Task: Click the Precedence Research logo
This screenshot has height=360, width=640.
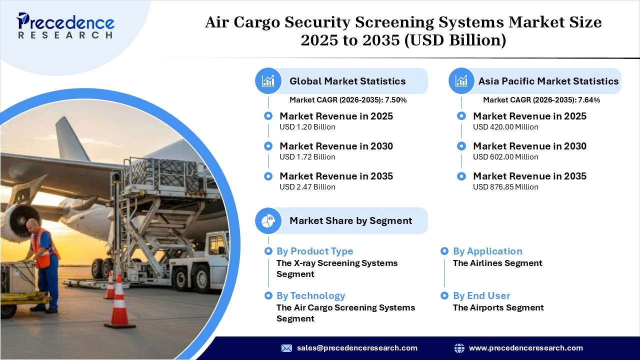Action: (65, 25)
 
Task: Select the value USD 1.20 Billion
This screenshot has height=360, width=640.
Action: (307, 127)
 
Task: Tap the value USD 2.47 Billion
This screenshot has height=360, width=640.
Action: (307, 187)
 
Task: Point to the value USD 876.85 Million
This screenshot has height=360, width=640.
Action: (505, 187)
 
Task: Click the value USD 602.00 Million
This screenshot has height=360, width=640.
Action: (505, 157)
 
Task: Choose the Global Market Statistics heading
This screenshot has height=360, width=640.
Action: (347, 81)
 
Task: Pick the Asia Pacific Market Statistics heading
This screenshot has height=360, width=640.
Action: (548, 81)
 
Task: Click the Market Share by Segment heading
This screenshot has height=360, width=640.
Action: (350, 220)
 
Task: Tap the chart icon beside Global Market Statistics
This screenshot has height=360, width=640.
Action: (268, 81)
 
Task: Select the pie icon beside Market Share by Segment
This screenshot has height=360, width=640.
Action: (268, 220)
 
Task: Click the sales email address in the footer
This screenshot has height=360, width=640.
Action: (357, 348)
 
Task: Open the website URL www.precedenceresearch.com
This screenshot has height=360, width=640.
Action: (525, 348)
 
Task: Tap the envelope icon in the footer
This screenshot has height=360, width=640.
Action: (286, 348)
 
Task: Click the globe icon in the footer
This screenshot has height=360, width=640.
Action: (459, 348)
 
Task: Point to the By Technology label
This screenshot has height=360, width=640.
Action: (310, 295)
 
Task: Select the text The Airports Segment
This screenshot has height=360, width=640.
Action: (498, 307)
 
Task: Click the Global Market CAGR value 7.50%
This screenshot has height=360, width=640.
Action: (395, 100)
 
